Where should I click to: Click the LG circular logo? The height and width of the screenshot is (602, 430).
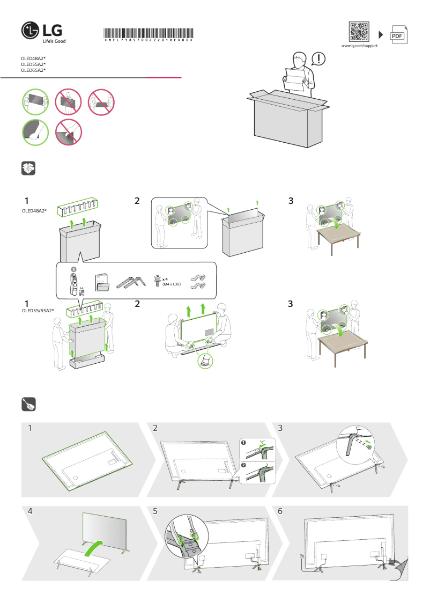[30, 32]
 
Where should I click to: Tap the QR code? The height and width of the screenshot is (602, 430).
[359, 32]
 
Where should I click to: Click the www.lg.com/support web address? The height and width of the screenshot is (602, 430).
[360, 46]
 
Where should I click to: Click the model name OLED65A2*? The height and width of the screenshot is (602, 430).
[33, 70]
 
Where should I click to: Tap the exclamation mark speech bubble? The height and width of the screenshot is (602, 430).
[318, 58]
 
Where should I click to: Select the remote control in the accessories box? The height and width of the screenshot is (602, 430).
[74, 283]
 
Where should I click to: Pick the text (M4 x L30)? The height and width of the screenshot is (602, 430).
[172, 284]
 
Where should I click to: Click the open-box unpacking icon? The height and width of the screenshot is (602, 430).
[28, 168]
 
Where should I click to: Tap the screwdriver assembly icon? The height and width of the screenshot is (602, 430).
[28, 404]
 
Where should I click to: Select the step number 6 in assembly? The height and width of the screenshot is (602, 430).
[280, 511]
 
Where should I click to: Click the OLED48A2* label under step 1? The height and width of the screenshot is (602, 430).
[34, 211]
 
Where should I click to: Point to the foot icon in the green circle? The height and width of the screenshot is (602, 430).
[205, 361]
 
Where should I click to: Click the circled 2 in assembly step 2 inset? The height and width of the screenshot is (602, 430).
[244, 464]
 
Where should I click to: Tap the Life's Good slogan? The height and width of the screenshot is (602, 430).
[54, 41]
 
